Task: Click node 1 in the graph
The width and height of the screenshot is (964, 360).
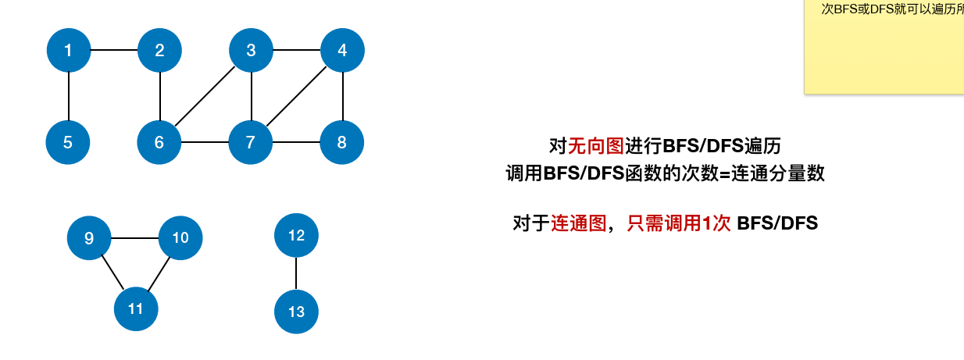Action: [69, 51]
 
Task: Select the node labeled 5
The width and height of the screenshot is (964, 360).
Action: [68, 142]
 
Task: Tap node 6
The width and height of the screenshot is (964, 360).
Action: [159, 142]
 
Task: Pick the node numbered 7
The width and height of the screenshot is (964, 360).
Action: [251, 142]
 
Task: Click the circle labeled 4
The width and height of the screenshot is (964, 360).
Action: [342, 51]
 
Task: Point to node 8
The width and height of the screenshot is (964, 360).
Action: [342, 142]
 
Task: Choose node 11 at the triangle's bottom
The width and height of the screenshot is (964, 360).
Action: [136, 308]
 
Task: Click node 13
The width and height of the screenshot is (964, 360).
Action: [296, 312]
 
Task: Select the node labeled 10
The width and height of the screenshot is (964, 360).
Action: [180, 237]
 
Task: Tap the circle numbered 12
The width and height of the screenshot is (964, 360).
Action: [296, 234]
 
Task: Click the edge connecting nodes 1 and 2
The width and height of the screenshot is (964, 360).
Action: [114, 51]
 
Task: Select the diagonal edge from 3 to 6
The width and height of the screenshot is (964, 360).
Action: [205, 96]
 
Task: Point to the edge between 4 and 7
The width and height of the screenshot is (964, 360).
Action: [297, 96]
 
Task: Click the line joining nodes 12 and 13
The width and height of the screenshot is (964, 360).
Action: [296, 273]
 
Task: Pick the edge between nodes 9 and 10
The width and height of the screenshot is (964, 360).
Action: [134, 237]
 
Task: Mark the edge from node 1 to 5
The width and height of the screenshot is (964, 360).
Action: [69, 96]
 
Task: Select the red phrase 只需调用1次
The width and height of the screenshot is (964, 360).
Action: [678, 223]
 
